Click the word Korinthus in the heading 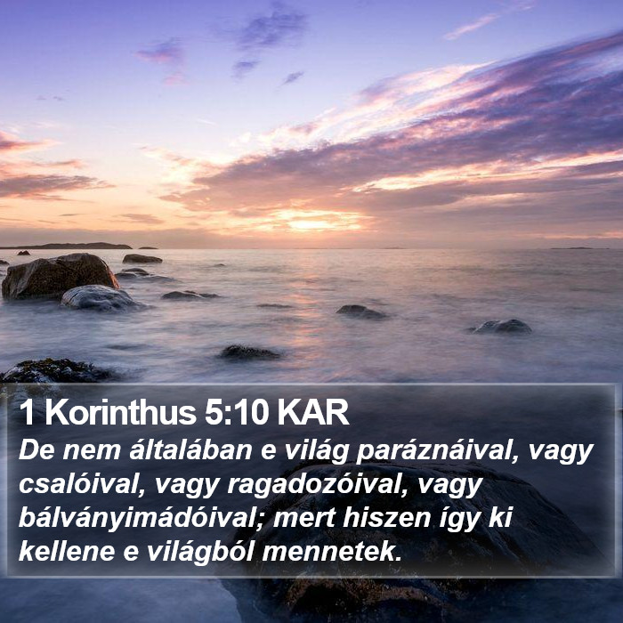[120, 412]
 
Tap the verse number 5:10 [236, 412]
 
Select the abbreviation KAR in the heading [313, 412]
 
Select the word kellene [67, 552]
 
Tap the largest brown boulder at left [60, 275]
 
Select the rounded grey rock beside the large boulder [100, 298]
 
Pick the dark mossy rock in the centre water [249, 352]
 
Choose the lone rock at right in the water [501, 327]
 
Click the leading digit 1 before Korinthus [27, 412]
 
